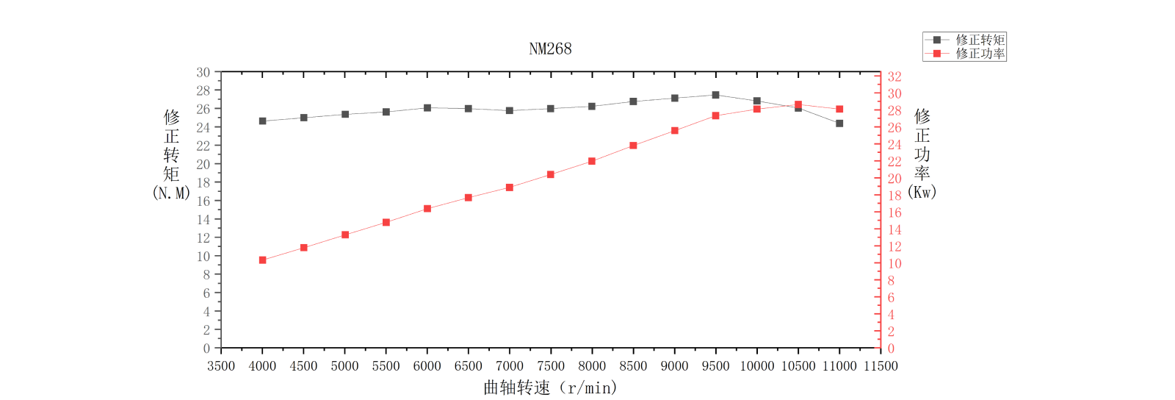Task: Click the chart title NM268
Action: (x=550, y=49)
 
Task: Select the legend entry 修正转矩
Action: (x=980, y=40)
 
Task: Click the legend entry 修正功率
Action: (x=980, y=54)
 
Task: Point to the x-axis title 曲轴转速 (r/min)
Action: (x=550, y=387)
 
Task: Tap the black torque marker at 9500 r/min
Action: (x=715, y=95)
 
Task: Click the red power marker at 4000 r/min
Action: (x=262, y=260)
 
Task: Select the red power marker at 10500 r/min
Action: (x=798, y=104)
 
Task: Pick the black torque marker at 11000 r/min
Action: (x=839, y=124)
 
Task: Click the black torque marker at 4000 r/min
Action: (x=262, y=121)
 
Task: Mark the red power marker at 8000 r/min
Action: (x=592, y=161)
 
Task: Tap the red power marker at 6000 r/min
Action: (x=427, y=209)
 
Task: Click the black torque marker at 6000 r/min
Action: (x=427, y=107)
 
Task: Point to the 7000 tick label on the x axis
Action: (x=510, y=366)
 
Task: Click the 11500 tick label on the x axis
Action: (x=881, y=366)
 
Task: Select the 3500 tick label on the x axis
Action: (x=221, y=366)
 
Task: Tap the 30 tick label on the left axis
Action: (x=203, y=72)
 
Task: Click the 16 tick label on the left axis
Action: (x=203, y=201)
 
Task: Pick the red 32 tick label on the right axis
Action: (x=894, y=76)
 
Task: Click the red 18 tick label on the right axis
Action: (x=894, y=196)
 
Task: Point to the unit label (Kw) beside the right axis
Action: (x=922, y=192)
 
